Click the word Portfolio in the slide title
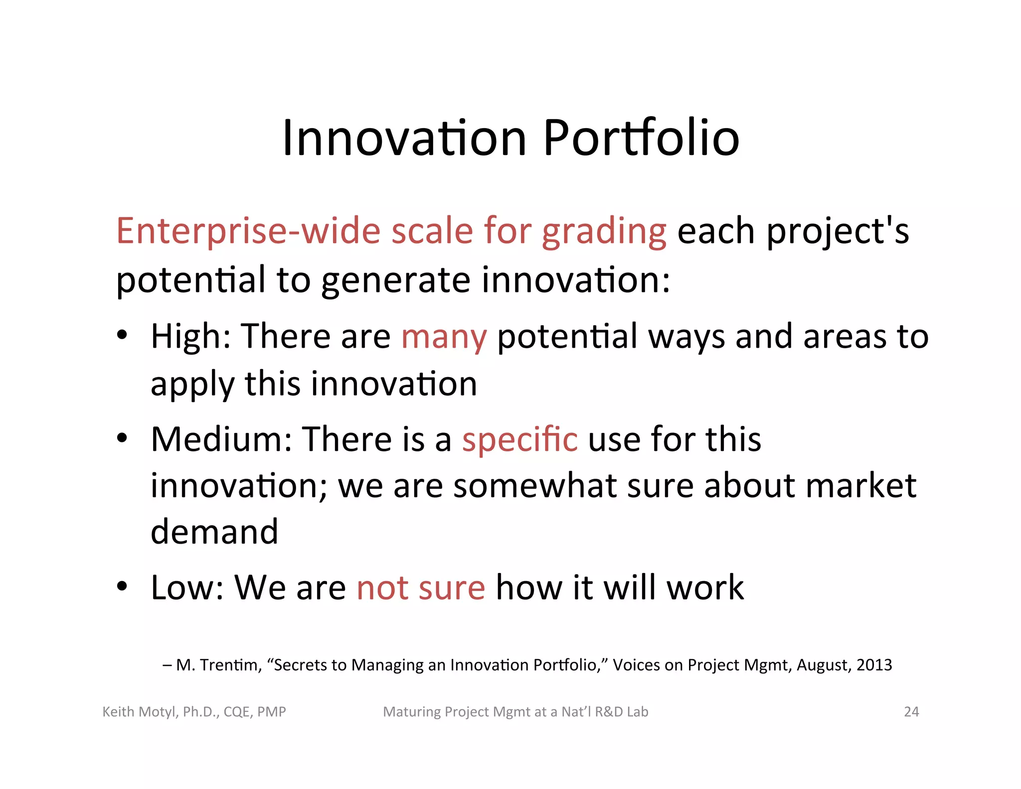[x=641, y=138]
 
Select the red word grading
[x=604, y=232]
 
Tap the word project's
[x=838, y=232]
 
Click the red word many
[x=444, y=337]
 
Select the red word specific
[x=519, y=440]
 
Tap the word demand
[x=214, y=532]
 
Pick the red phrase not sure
[x=421, y=588]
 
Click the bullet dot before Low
[x=122, y=586]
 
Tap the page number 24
[x=911, y=712]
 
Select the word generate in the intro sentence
[x=396, y=280]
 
